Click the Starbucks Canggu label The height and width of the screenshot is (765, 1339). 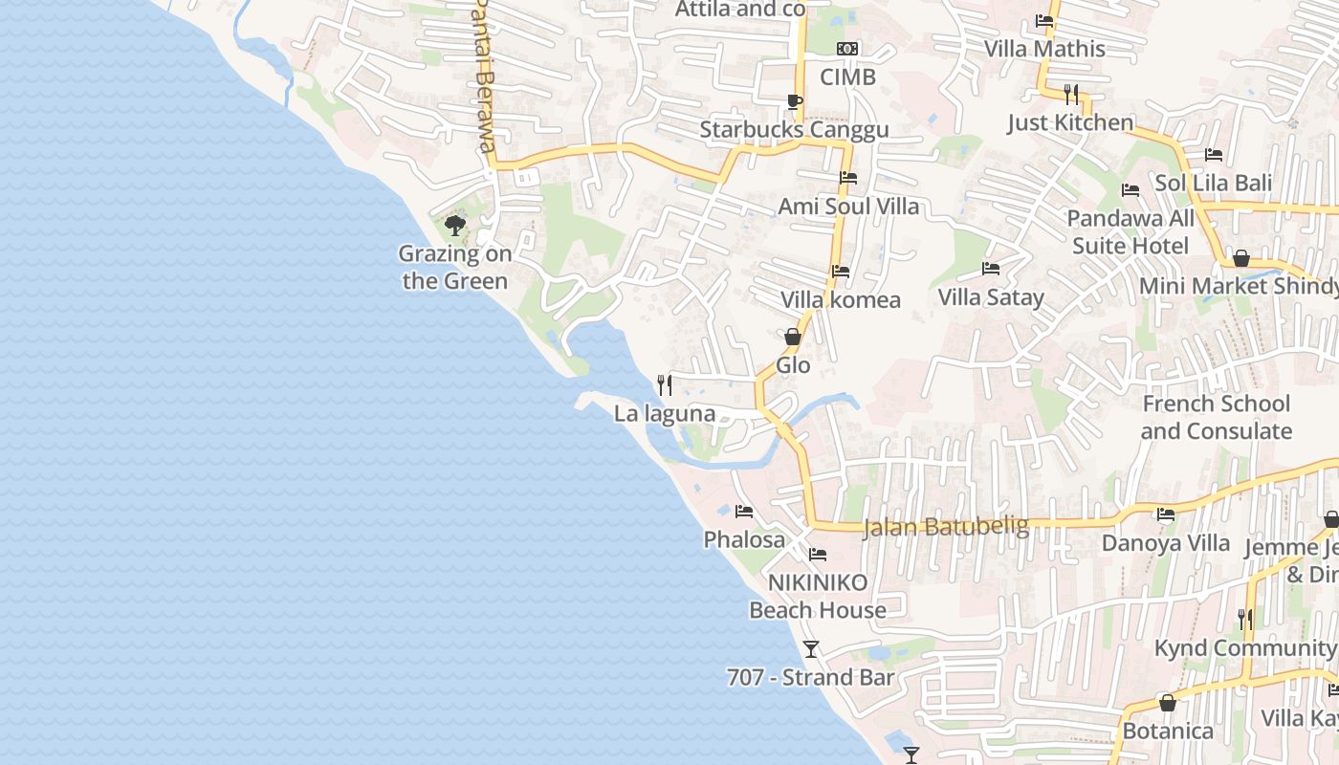794,129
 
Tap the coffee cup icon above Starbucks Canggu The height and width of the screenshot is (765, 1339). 794,101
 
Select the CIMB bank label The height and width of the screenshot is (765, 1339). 847,76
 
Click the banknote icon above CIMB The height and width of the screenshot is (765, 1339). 847,49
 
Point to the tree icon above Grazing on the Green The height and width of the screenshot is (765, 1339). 455,226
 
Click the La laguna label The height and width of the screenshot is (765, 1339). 665,413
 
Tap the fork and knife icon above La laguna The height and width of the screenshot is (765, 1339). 665,385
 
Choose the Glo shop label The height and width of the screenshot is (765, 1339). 793,364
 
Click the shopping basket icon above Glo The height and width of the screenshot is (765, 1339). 793,337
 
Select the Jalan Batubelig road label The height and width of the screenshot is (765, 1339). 946,527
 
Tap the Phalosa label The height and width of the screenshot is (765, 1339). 744,539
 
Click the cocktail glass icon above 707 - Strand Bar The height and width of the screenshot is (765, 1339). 811,649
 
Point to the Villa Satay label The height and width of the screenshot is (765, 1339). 991,296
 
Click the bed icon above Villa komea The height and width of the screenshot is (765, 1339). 841,272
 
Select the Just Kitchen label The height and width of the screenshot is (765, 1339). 1070,122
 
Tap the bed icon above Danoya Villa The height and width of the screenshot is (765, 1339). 1166,514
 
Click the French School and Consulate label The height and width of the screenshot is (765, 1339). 1216,417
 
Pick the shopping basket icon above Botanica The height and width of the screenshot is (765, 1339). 1168,703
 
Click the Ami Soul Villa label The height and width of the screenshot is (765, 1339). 848,206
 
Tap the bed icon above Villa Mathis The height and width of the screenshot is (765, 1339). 1044,21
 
